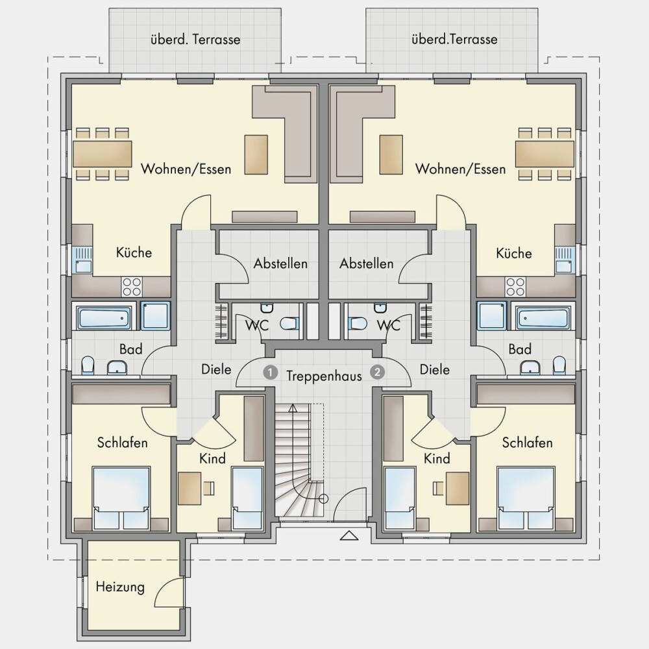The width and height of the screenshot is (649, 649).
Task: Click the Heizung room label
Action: click(x=120, y=587)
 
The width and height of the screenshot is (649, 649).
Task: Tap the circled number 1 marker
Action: click(x=270, y=373)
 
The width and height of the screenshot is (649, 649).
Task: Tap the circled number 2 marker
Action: click(x=377, y=372)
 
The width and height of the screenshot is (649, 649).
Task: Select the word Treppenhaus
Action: click(x=324, y=376)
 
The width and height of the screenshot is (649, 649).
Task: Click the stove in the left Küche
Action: click(x=132, y=287)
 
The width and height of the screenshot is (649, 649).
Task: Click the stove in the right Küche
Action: click(x=515, y=287)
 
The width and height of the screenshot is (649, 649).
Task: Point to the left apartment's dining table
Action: click(x=103, y=154)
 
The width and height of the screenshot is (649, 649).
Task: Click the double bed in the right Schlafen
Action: click(x=526, y=498)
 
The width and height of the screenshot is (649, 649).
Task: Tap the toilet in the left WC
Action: click(x=289, y=323)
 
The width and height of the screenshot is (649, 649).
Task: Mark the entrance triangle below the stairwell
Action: click(x=349, y=535)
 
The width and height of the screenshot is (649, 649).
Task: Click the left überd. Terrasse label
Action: click(x=195, y=40)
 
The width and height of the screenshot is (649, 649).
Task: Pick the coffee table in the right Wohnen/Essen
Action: click(x=391, y=154)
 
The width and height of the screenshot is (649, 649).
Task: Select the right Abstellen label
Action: click(x=367, y=263)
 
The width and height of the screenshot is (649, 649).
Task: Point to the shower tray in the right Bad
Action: click(x=492, y=316)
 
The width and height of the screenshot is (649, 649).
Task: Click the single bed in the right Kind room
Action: click(x=400, y=498)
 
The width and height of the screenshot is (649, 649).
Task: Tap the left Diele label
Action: click(x=216, y=369)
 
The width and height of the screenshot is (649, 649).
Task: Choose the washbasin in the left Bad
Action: click(x=117, y=367)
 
